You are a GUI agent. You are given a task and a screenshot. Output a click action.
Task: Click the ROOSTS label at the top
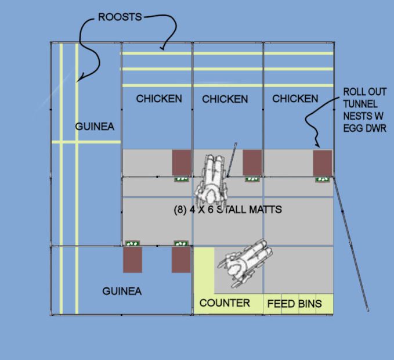click(x=120, y=17)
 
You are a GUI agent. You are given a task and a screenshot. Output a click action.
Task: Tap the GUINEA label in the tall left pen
click(x=95, y=127)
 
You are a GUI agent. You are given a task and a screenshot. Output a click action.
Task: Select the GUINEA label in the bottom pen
click(x=122, y=291)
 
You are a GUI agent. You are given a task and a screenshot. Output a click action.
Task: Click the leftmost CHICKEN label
click(x=158, y=99)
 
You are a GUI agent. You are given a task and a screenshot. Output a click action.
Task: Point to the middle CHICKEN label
click(x=225, y=99)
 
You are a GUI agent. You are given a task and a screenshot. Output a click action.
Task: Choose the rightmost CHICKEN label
click(x=295, y=99)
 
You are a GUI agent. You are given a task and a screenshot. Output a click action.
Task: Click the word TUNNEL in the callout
click(x=360, y=104)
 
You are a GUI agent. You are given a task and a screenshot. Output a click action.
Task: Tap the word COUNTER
click(x=225, y=303)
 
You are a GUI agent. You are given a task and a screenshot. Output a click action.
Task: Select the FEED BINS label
click(x=294, y=304)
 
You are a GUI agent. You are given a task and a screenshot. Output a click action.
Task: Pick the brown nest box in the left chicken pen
click(x=181, y=162)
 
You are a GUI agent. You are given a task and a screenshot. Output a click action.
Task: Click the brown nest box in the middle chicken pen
click(x=251, y=162)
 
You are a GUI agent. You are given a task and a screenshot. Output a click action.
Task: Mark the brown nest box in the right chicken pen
click(x=323, y=163)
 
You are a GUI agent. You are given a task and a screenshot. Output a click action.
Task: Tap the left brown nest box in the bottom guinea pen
click(x=132, y=260)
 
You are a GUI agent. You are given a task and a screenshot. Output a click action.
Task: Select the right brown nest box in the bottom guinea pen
click(x=181, y=260)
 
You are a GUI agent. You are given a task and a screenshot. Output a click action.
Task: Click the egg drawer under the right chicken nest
click(x=322, y=179)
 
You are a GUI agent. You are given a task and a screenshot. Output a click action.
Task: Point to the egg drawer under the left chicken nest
click(x=182, y=179)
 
